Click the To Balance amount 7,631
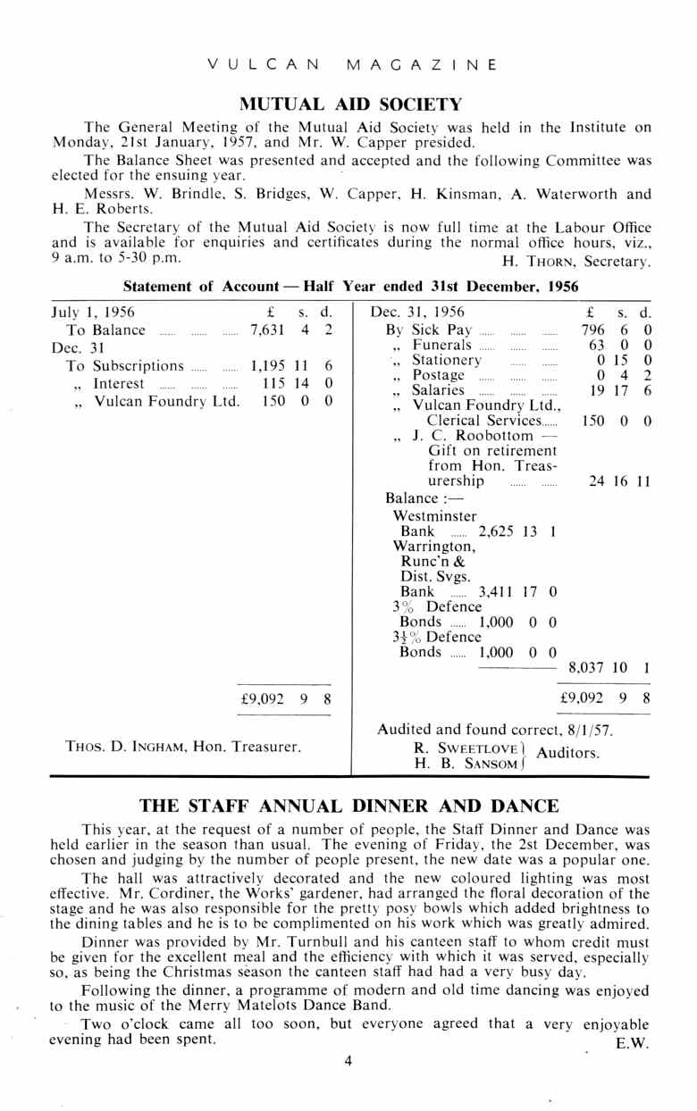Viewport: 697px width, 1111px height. tap(267, 330)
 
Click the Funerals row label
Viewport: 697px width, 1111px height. tap(441, 345)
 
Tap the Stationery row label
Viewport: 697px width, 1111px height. tap(446, 360)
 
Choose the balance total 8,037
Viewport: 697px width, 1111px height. tap(589, 666)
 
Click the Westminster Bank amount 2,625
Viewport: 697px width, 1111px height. tap(503, 530)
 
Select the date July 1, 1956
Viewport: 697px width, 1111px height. tap(93, 313)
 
